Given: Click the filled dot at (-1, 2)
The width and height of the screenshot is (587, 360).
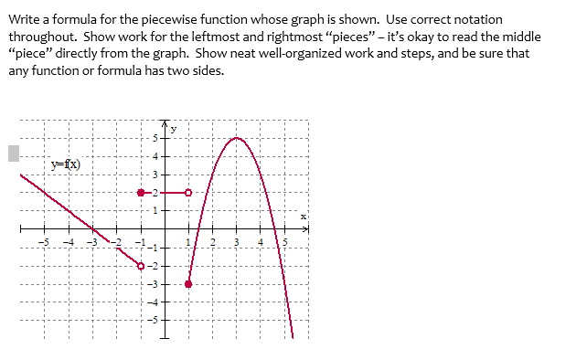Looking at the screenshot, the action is coord(141,193).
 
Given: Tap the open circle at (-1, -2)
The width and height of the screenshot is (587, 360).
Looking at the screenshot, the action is coord(141,266).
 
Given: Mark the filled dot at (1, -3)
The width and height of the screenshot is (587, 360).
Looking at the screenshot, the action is coord(189,284).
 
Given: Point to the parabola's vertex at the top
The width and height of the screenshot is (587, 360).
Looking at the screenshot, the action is coord(237,138).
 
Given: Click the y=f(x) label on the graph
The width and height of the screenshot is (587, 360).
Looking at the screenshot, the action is coord(65,164).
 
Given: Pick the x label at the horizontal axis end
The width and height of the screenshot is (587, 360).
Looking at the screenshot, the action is coord(305,217).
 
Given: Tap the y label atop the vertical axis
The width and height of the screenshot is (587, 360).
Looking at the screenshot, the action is coord(174,129).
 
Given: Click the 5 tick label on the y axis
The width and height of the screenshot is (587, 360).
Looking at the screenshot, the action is coord(156,138).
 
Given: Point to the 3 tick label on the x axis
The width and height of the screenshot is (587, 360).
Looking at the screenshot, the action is coord(237,240).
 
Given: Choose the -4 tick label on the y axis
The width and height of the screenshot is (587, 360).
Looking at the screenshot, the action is coord(155,302).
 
